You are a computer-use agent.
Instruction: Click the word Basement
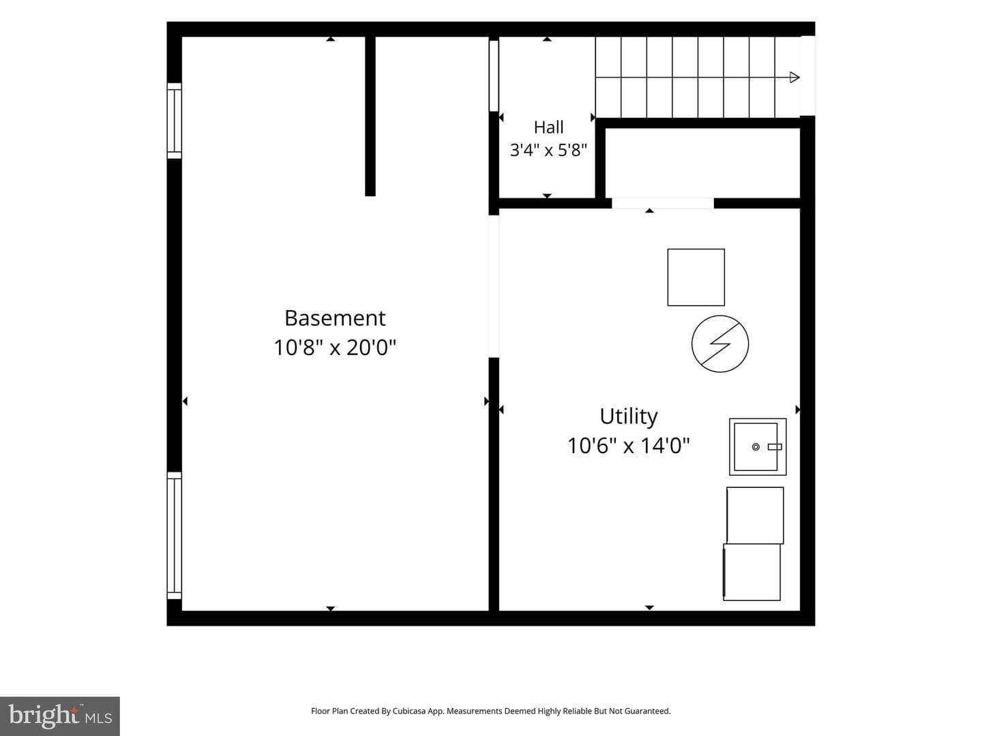pyautogui.click(x=335, y=318)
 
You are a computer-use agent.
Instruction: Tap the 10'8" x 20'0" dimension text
pyautogui.click(x=335, y=348)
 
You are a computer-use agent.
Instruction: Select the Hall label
pyautogui.click(x=548, y=127)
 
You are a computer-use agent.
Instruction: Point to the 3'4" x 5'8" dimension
pyautogui.click(x=548, y=150)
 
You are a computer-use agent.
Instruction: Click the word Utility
pyautogui.click(x=629, y=417)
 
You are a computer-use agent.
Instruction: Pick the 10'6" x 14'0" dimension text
pyautogui.click(x=629, y=446)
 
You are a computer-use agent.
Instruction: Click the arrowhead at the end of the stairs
pyautogui.click(x=794, y=77)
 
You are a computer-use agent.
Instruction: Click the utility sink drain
pyautogui.click(x=756, y=447)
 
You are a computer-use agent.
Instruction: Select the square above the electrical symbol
pyautogui.click(x=696, y=277)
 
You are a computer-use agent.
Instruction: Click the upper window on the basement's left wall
pyautogui.click(x=174, y=121)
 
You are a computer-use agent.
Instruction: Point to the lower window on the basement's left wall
pyautogui.click(x=174, y=536)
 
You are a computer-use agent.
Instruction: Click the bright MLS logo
pyautogui.click(x=60, y=716)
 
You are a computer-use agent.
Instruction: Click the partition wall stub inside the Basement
pyautogui.click(x=370, y=116)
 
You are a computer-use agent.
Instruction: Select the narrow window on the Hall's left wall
pyautogui.click(x=494, y=76)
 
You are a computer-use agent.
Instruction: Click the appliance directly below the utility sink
pyautogui.click(x=755, y=515)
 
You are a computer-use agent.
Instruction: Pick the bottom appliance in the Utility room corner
pyautogui.click(x=752, y=572)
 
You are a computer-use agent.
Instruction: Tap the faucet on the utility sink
pyautogui.click(x=775, y=447)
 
